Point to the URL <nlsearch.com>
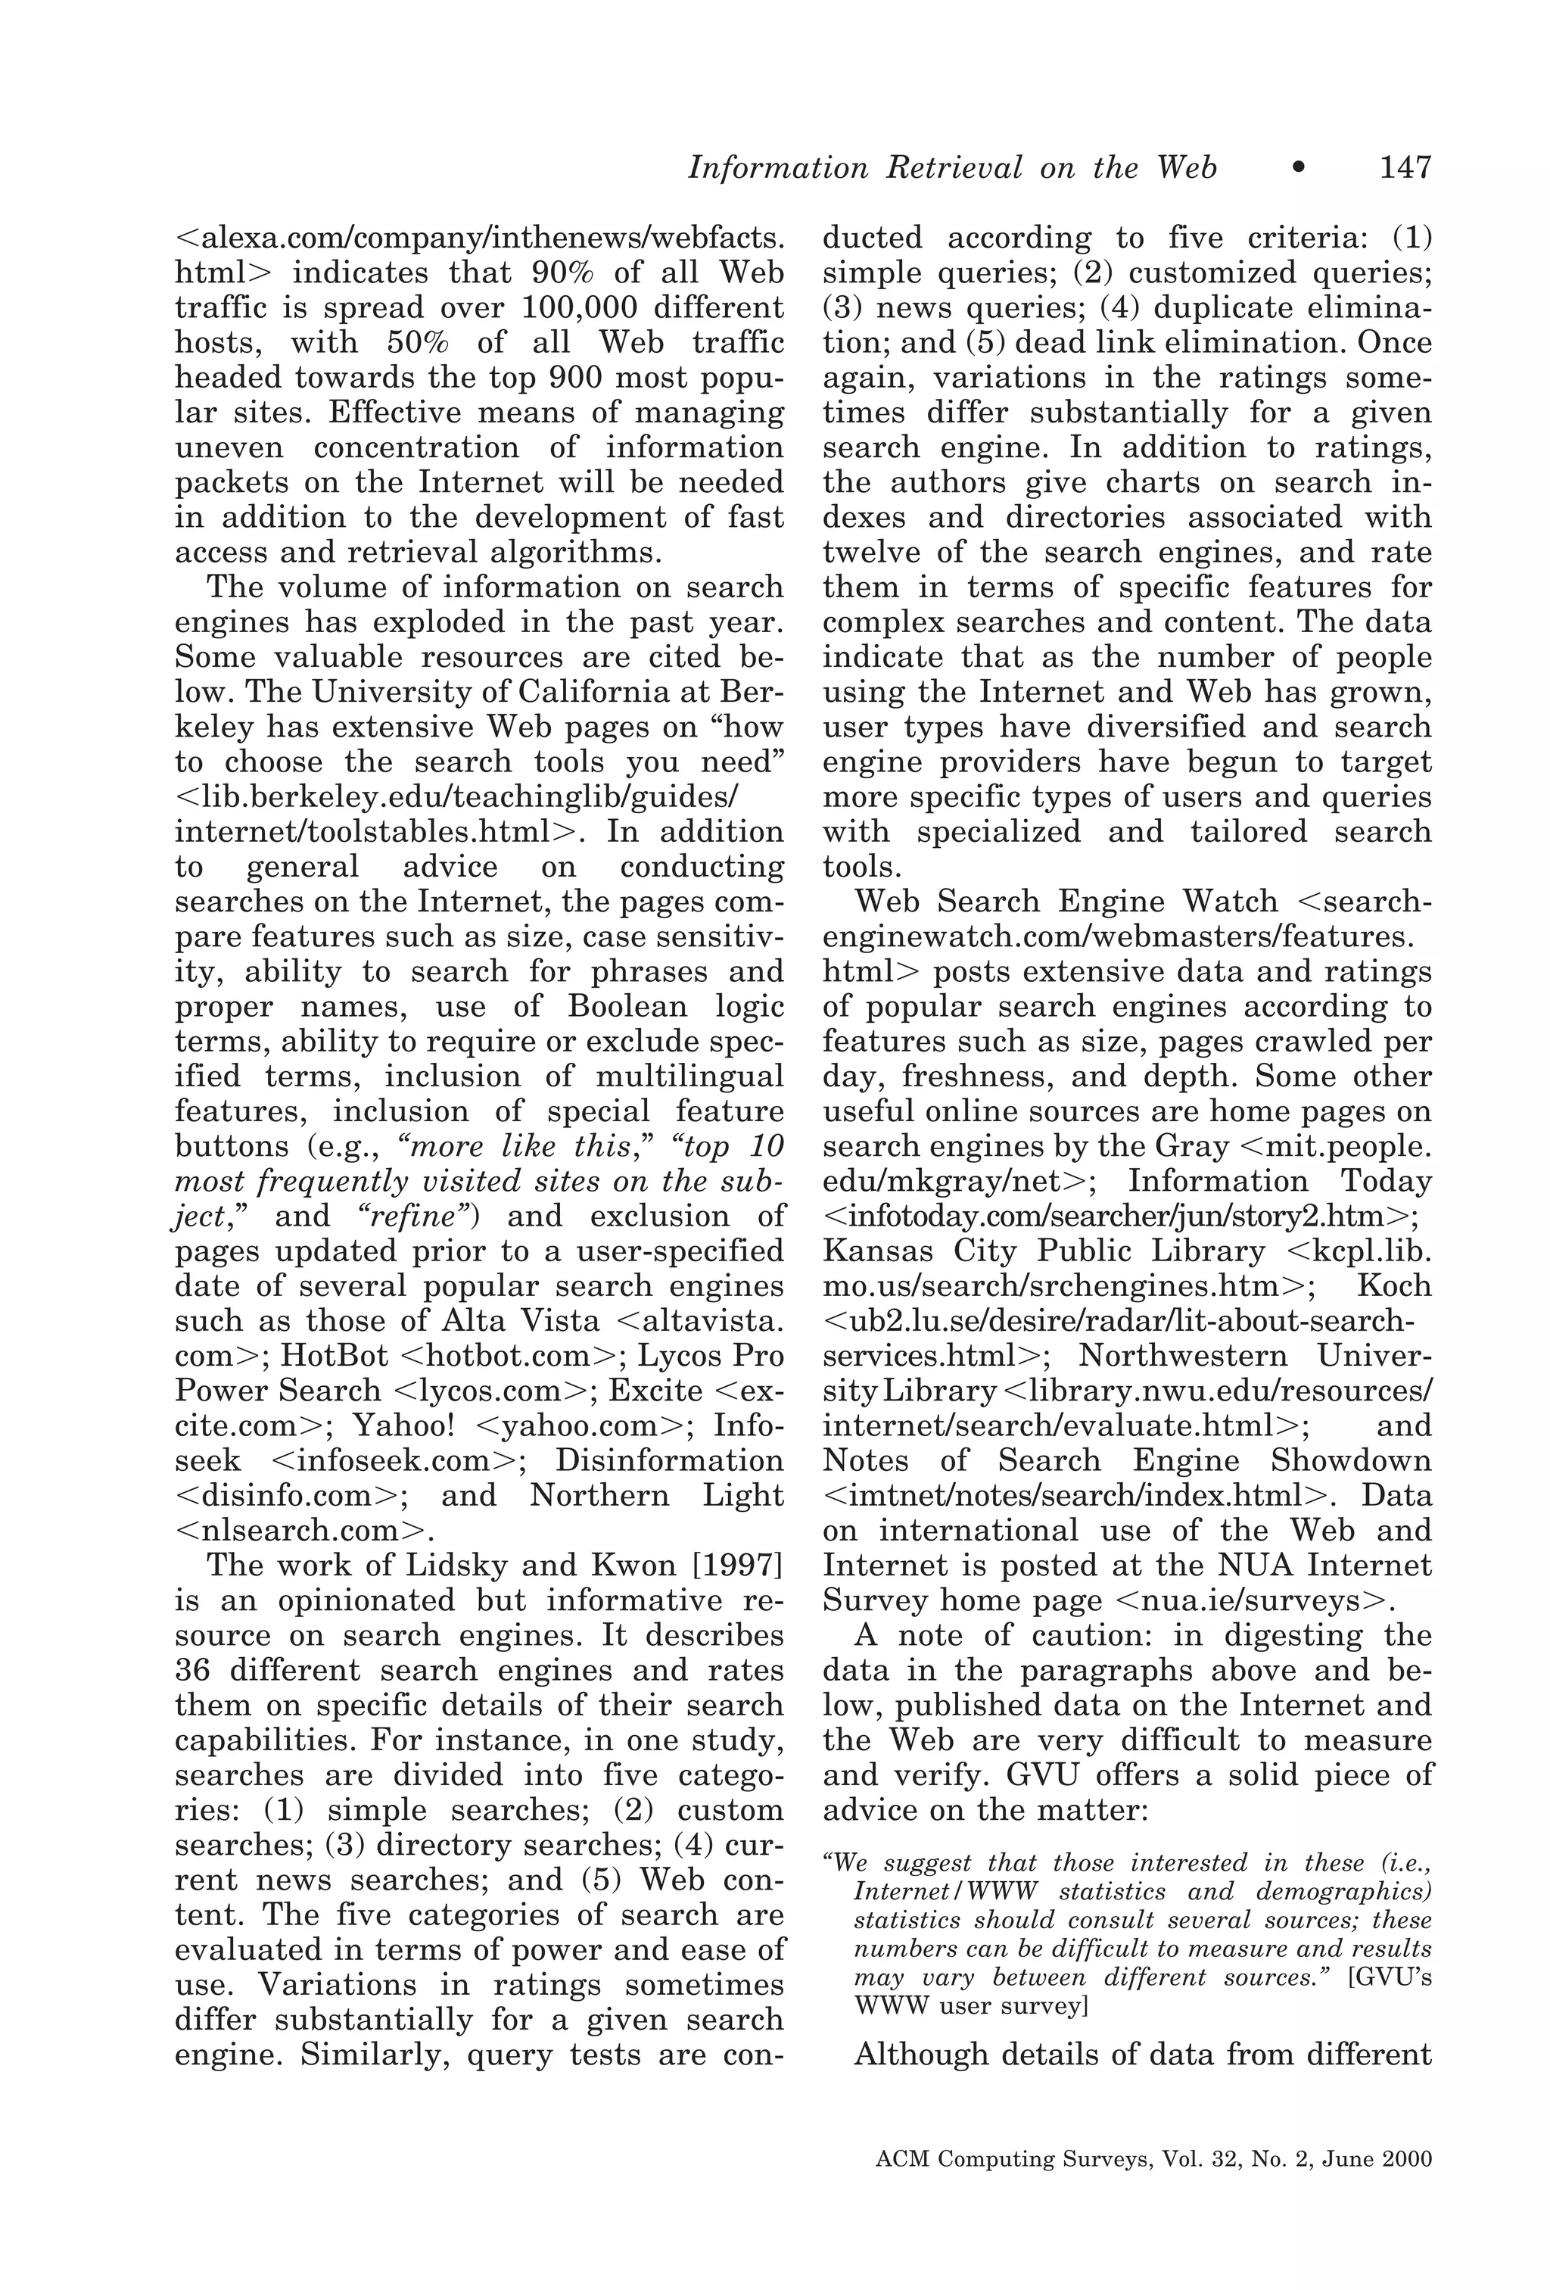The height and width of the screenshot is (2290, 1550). point(304,1530)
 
